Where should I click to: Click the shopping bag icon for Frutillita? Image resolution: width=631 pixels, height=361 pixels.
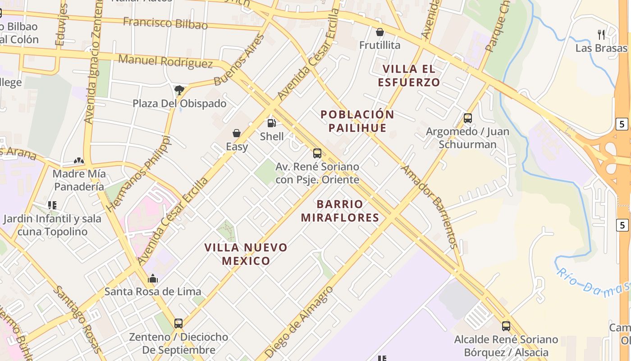[x=380, y=32]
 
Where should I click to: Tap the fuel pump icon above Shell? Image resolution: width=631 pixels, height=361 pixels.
[x=272, y=123]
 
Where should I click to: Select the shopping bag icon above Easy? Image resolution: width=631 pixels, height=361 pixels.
[x=237, y=133]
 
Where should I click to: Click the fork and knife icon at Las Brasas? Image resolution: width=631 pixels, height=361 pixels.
[x=601, y=35]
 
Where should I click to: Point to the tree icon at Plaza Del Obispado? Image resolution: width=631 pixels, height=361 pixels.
[x=179, y=90]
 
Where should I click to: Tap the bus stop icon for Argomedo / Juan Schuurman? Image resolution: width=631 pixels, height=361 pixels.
[x=468, y=118]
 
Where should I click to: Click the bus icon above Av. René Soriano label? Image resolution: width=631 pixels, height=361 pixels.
[x=317, y=153]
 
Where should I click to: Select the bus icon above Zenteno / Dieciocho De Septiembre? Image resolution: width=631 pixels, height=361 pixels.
[x=178, y=323]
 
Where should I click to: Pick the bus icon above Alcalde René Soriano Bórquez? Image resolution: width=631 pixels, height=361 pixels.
[x=506, y=326]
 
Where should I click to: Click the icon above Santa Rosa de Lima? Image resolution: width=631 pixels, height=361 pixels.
[x=153, y=278]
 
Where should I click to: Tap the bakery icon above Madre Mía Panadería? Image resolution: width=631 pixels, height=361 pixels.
[x=79, y=161]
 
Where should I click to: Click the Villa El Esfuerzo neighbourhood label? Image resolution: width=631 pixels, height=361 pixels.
[x=409, y=75]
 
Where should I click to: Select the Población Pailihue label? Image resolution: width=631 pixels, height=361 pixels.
[x=357, y=121]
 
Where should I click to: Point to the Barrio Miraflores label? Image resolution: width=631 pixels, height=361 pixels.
[x=340, y=211]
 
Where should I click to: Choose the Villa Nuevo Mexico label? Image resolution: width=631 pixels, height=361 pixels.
[x=246, y=254]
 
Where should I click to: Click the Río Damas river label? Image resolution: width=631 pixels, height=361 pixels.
[x=593, y=282]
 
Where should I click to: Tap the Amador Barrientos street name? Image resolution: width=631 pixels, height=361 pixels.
[x=430, y=207]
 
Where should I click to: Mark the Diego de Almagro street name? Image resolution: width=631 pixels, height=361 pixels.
[x=300, y=321]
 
